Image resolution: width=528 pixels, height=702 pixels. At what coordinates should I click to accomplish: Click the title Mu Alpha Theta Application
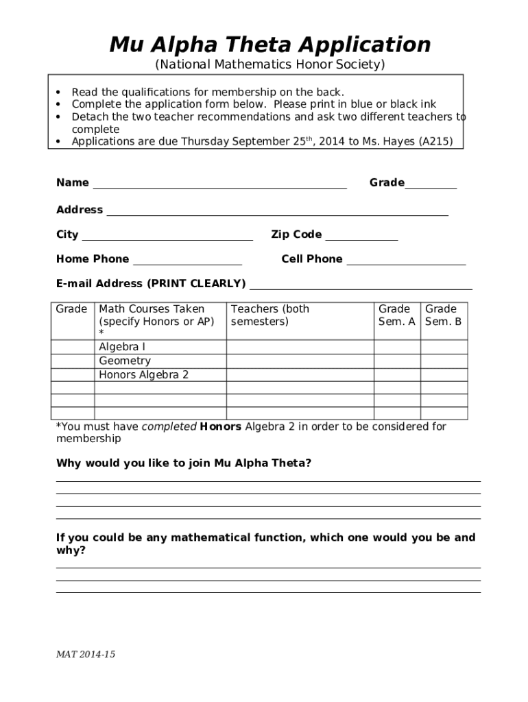270,45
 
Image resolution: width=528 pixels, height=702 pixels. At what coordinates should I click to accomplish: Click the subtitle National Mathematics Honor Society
270,65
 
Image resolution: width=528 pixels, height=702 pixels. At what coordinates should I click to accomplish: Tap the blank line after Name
219,184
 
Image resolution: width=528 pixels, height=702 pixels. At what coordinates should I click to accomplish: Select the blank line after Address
277,211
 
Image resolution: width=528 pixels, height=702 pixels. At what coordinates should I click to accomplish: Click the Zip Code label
296,235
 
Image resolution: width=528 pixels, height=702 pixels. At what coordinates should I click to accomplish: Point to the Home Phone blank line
187,260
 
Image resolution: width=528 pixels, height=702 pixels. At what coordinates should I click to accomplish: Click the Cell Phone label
311,259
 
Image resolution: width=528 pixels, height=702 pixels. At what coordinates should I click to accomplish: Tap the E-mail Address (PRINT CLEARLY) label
151,284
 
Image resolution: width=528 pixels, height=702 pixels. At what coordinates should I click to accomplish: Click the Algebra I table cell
122,348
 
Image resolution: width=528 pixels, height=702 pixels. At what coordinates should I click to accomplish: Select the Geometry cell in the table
125,361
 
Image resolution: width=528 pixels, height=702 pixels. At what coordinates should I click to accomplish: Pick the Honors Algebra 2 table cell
143,375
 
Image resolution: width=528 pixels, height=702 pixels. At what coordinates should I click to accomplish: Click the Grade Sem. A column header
396,315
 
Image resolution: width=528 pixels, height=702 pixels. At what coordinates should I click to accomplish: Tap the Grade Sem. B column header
443,315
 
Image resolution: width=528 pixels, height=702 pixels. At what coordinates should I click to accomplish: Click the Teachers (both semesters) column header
270,315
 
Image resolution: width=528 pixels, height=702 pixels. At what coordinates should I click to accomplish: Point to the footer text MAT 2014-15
86,655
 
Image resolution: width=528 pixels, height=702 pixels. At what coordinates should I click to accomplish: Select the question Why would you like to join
184,463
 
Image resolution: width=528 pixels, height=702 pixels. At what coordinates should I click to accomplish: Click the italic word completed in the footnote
169,427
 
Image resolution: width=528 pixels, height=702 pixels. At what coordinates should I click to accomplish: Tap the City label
67,235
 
